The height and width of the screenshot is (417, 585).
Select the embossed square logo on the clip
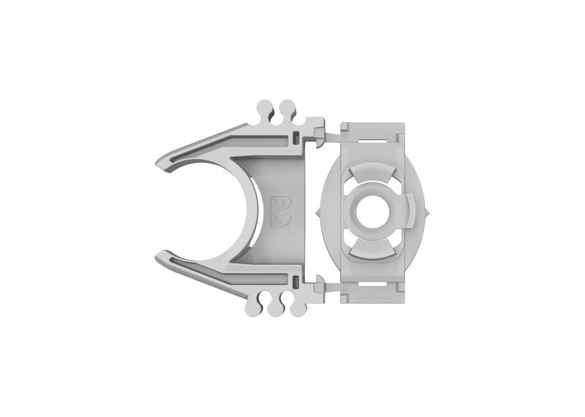pos(282,211)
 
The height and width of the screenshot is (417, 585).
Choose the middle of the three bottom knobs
pos(276,310)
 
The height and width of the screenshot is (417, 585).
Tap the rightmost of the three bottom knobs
pos(297,309)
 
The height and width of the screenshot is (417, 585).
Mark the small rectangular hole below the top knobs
pos(295,137)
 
